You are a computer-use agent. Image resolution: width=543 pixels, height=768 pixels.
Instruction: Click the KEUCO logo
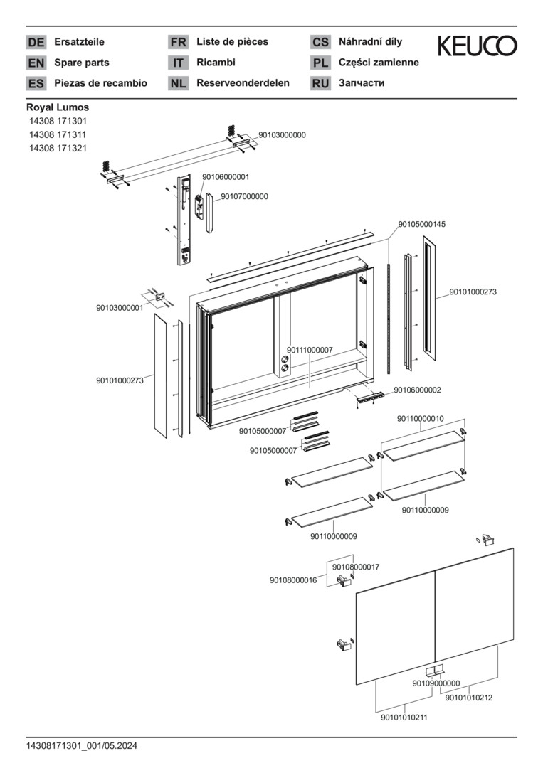click(x=477, y=46)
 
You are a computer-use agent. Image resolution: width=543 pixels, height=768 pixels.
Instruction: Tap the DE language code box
click(x=36, y=43)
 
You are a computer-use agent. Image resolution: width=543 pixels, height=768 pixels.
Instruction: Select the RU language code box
click(x=320, y=83)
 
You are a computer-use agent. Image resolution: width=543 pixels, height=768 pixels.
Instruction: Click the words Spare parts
click(x=82, y=63)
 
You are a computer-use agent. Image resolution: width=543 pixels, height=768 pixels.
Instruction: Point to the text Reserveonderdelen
click(x=243, y=83)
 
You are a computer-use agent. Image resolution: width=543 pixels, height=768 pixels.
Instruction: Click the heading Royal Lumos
click(x=58, y=107)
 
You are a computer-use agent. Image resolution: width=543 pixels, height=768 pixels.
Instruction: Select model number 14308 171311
click(x=58, y=134)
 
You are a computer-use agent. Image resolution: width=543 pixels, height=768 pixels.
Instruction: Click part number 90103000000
click(x=282, y=134)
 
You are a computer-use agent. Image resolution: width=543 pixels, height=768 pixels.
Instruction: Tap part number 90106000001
click(x=226, y=176)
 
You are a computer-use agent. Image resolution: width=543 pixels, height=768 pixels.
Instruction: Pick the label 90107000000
click(x=244, y=196)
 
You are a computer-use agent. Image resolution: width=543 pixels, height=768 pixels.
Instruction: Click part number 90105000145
click(x=422, y=224)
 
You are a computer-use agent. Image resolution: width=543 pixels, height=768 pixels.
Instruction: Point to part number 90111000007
click(x=310, y=350)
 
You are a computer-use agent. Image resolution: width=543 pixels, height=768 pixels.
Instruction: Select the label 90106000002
click(x=417, y=390)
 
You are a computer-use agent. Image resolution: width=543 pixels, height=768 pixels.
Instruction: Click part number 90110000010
click(x=420, y=419)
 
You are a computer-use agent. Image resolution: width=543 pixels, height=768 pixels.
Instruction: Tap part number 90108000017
click(x=356, y=567)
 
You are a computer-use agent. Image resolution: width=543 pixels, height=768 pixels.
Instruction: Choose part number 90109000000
click(x=436, y=683)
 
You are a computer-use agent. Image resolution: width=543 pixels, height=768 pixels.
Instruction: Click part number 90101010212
click(x=469, y=698)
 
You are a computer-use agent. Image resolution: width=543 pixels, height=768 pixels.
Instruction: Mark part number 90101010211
click(x=404, y=718)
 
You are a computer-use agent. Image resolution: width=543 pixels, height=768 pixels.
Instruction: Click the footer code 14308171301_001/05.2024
click(x=81, y=746)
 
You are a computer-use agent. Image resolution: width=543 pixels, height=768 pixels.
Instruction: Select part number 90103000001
click(x=120, y=308)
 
